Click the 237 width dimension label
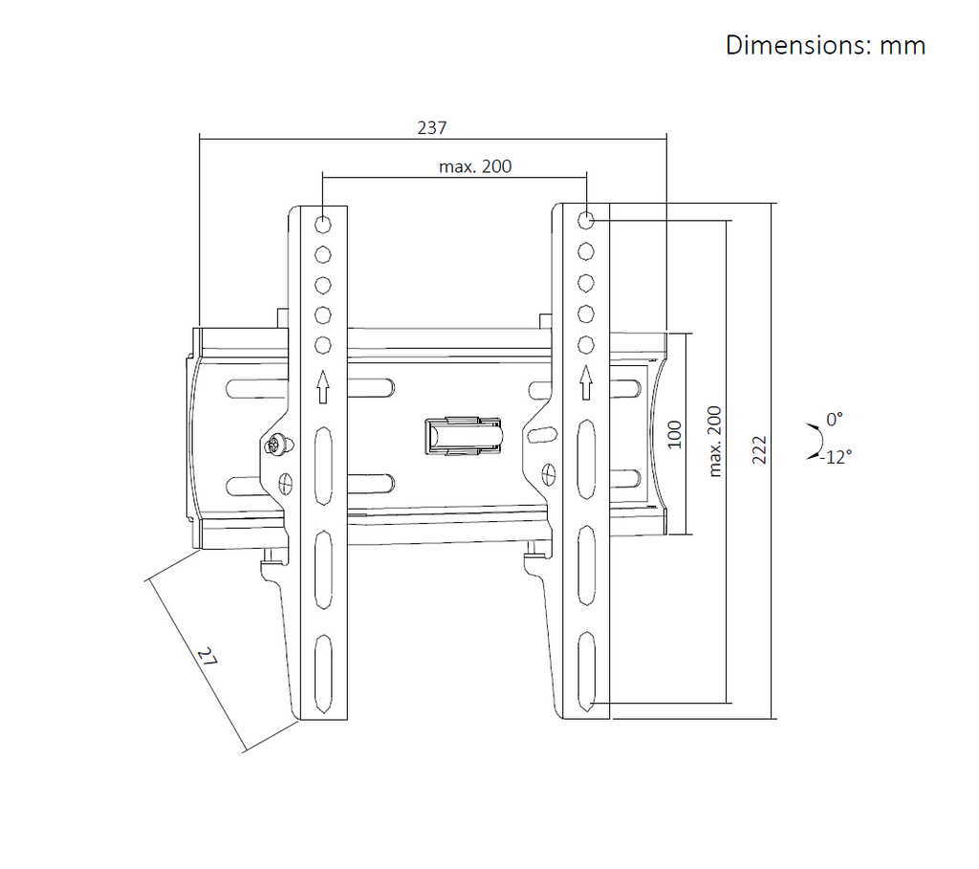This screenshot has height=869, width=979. pyautogui.click(x=432, y=128)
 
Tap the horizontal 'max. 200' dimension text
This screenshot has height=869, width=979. pyautogui.click(x=475, y=166)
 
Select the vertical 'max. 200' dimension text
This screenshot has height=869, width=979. pyautogui.click(x=715, y=442)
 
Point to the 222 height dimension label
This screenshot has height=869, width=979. pyautogui.click(x=758, y=450)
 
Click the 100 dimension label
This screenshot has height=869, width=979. pyautogui.click(x=675, y=434)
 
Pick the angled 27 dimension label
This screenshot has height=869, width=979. pyautogui.click(x=207, y=656)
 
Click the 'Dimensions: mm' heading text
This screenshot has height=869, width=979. pyautogui.click(x=825, y=46)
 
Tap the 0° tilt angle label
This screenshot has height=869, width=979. pyautogui.click(x=834, y=420)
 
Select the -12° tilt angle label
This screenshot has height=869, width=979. pyautogui.click(x=836, y=458)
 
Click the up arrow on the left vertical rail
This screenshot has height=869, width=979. pyautogui.click(x=323, y=387)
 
